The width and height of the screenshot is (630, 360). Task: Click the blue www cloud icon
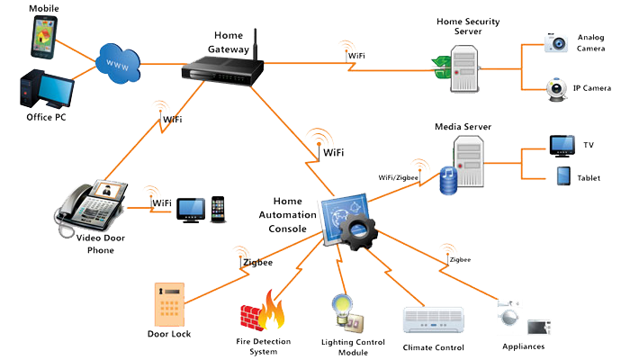pos(118,64)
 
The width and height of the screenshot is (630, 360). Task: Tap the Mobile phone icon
pos(43,37)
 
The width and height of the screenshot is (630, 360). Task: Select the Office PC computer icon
pos(47,89)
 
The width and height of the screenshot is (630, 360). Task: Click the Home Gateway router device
pos(222,71)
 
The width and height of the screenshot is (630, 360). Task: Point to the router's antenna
pos(255,44)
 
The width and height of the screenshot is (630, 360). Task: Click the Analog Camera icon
pos(556,42)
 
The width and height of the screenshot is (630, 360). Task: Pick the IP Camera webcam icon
pos(556,90)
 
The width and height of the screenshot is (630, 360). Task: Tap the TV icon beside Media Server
pos(562,146)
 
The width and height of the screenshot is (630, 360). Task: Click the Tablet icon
pos(563,176)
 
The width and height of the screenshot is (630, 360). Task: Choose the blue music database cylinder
pos(448,180)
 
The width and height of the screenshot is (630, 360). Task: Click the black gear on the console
pos(358,232)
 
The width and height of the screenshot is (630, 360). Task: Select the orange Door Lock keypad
pos(169,304)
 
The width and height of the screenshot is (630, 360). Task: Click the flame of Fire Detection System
pos(271,310)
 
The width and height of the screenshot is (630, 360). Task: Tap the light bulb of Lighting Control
pos(342,309)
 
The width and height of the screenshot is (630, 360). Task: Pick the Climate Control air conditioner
pos(433,320)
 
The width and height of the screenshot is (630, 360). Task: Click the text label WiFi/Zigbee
pos(398,177)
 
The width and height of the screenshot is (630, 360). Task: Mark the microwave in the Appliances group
pos(539,327)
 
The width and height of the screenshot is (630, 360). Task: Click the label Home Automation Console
pos(288,215)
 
